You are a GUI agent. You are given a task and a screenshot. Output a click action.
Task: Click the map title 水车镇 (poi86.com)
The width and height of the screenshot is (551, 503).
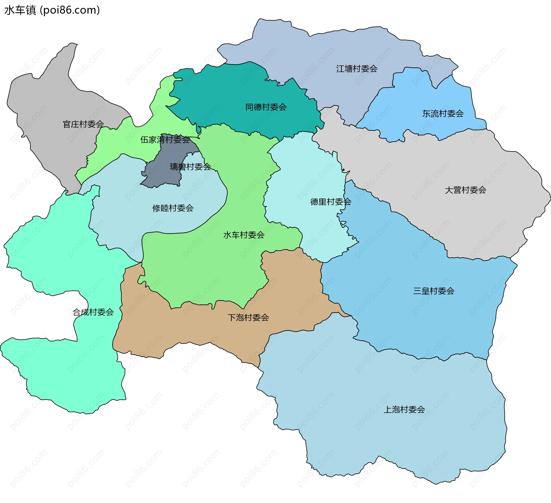[x=52, y=10]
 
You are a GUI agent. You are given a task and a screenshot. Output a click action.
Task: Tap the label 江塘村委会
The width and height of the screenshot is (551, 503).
[x=357, y=69]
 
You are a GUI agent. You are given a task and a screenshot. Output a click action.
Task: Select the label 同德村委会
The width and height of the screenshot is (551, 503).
[x=266, y=107]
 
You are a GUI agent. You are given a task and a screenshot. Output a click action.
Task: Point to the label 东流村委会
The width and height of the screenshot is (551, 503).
[x=443, y=114]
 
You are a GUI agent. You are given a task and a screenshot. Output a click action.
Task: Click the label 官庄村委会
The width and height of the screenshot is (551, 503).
[x=83, y=124]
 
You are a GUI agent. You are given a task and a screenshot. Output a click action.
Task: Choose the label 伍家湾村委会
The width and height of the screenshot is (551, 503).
[x=165, y=140]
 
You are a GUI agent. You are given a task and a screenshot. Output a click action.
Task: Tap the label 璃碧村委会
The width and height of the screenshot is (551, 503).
[x=190, y=167]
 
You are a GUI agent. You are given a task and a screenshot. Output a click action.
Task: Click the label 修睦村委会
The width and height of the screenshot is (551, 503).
[x=173, y=208]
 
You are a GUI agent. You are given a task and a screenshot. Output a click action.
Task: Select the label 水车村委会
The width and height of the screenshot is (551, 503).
[x=244, y=235]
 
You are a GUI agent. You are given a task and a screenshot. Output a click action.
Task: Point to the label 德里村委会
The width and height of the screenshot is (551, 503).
[x=331, y=202]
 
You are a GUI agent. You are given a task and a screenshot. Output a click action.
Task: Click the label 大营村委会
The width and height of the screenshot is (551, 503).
[x=465, y=190]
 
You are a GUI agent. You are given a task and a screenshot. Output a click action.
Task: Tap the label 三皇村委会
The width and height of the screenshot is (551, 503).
[x=434, y=291]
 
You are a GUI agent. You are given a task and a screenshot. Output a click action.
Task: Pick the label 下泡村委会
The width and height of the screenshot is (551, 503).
[x=248, y=318]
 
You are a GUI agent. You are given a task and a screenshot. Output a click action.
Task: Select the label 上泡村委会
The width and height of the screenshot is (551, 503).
[x=404, y=410]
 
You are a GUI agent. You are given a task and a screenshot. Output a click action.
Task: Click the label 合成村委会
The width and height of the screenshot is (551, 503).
[x=93, y=312]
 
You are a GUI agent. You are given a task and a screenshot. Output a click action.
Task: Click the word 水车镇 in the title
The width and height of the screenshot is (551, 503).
[x=20, y=10]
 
